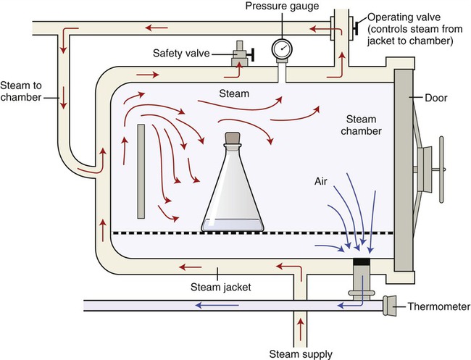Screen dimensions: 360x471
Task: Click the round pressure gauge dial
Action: coord(283,49)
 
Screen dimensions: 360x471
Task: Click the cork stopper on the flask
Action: coord(232,138)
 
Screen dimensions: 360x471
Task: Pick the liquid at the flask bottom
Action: coord(232,227)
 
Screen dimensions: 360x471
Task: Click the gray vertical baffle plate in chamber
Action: coord(141,171)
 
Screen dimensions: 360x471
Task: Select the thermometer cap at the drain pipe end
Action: coord(392,307)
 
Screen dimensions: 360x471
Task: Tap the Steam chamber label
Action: coord(359,124)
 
